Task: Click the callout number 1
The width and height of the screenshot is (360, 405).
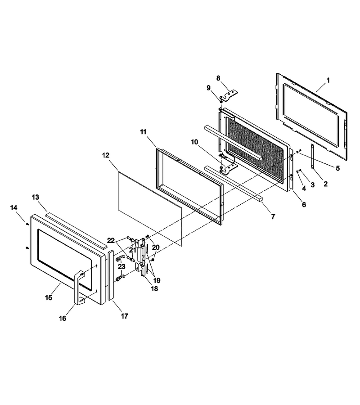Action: point(328,81)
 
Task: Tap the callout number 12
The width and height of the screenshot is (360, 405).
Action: point(106,155)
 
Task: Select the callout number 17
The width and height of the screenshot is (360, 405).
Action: point(125,316)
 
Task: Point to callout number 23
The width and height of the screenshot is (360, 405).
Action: point(121,266)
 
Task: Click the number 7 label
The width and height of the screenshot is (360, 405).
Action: point(273,217)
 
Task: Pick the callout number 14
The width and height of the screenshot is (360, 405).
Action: point(14,207)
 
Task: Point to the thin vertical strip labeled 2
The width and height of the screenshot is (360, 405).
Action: point(312,157)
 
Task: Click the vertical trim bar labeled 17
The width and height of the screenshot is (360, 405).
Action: point(111,274)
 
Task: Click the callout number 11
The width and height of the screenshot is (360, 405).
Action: point(144,132)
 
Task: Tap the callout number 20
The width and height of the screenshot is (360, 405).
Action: point(156,247)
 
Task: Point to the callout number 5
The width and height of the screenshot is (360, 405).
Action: point(337,168)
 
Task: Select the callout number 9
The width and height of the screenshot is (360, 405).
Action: point(209,88)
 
